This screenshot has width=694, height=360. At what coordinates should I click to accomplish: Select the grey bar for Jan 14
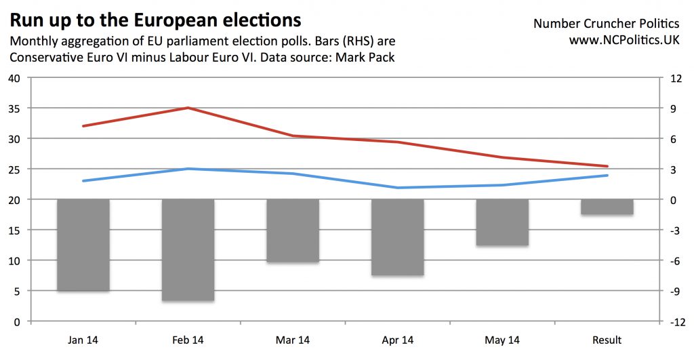[83, 245]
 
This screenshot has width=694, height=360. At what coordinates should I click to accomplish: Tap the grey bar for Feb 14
[188, 249]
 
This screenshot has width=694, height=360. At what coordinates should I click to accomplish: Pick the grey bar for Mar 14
[293, 231]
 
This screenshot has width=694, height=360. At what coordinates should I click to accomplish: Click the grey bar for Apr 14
[397, 237]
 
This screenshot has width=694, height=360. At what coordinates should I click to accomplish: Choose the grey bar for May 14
[502, 222]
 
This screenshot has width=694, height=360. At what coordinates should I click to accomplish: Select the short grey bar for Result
[607, 207]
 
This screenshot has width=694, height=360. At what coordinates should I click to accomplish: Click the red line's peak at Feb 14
[188, 108]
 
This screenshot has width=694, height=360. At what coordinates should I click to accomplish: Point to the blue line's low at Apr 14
[397, 188]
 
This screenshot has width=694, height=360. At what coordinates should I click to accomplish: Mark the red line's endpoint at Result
[607, 166]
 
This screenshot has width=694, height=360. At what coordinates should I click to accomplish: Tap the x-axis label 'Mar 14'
[293, 340]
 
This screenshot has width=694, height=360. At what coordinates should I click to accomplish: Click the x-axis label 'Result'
[607, 340]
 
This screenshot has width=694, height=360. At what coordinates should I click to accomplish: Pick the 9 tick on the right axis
[673, 108]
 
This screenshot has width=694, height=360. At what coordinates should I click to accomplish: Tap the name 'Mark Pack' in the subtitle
[367, 58]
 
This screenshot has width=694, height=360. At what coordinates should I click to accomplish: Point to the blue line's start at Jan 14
[83, 181]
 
